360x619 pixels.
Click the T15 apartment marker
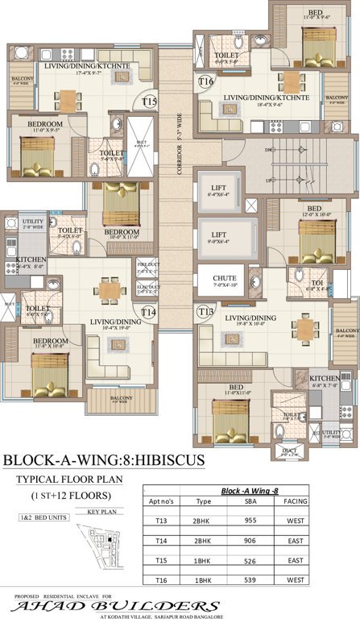(x=149, y=102)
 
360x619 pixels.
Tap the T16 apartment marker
(x=206, y=81)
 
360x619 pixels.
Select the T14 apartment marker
(x=148, y=312)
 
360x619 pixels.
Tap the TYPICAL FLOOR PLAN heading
(x=69, y=479)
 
